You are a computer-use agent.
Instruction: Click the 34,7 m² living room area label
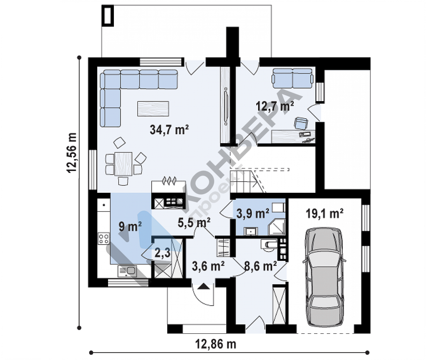pyautogui.click(x=169, y=130)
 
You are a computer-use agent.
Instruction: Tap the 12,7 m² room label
pyautogui.click(x=275, y=106)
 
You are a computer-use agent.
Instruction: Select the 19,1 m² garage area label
pyautogui.click(x=325, y=213)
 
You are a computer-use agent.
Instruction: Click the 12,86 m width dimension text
pyautogui.click(x=216, y=344)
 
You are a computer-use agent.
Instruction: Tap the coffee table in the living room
pyautogui.click(x=153, y=108)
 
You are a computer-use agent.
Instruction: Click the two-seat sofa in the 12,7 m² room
pyautogui.click(x=293, y=78)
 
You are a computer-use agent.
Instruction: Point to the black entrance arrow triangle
pyautogui.click(x=203, y=287)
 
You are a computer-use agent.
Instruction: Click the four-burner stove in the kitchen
pyautogui.click(x=104, y=239)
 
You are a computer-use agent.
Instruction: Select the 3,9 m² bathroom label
pyautogui.click(x=253, y=213)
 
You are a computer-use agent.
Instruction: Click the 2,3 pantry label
pyautogui.click(x=162, y=253)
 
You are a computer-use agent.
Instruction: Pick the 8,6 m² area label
pyautogui.click(x=261, y=266)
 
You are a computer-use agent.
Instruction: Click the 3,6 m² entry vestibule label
pyautogui.click(x=208, y=266)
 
